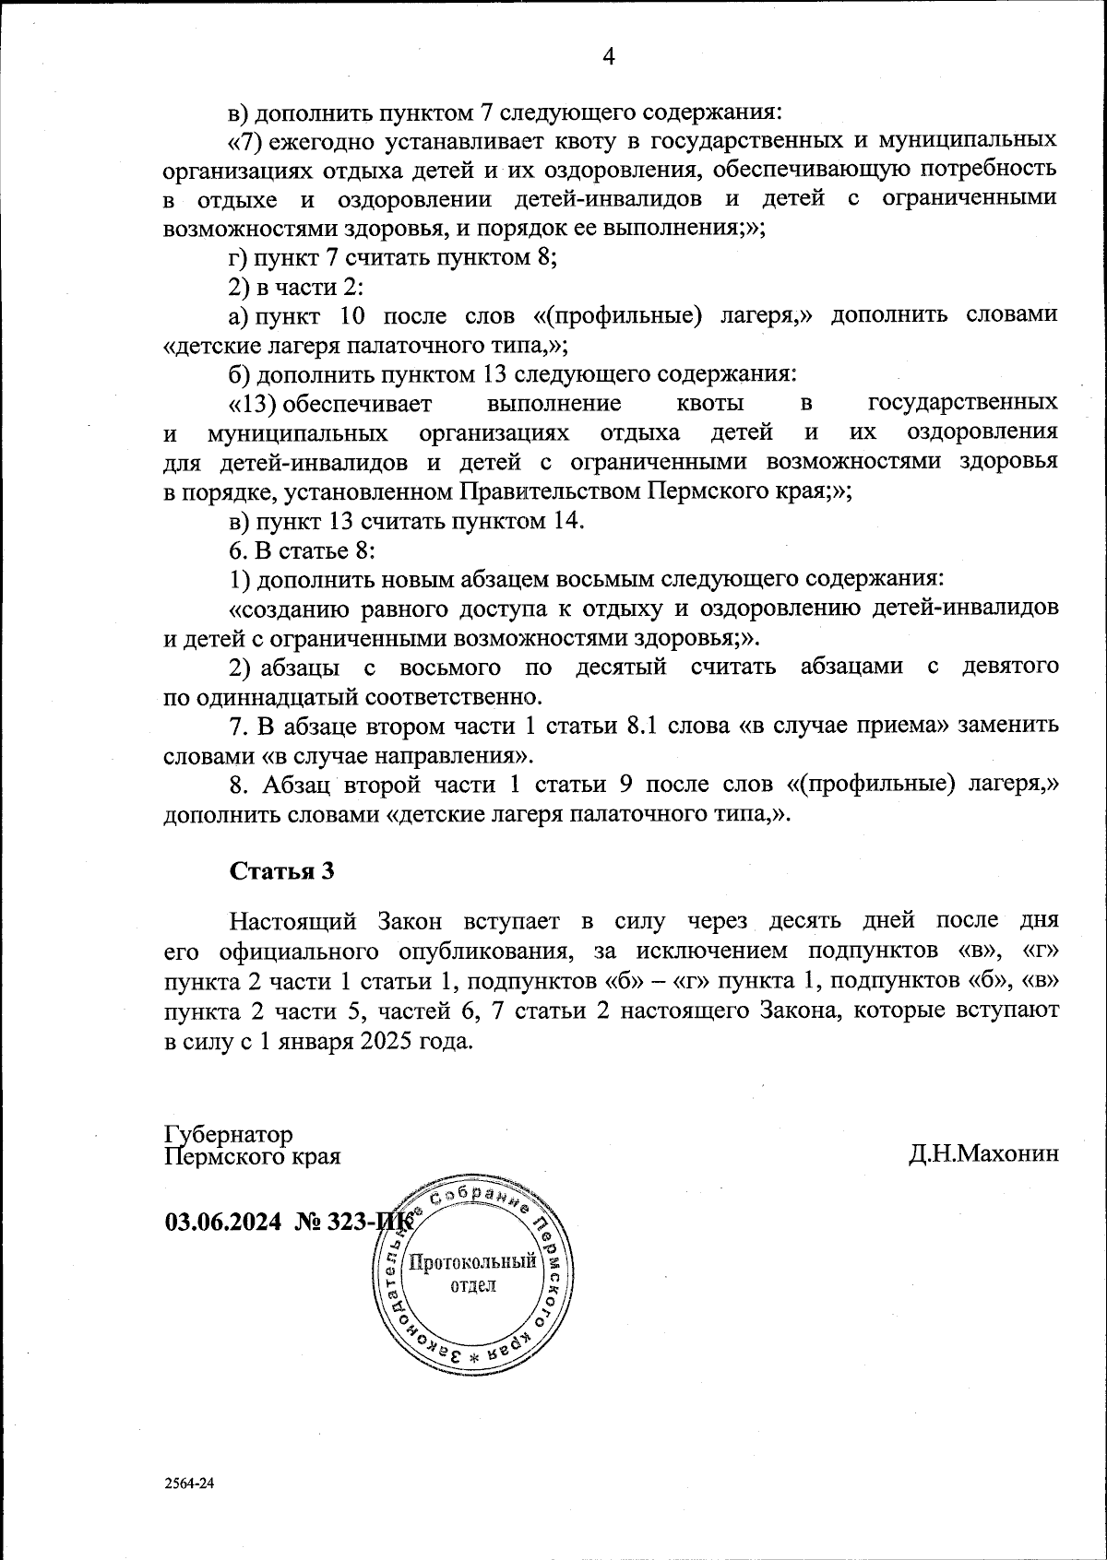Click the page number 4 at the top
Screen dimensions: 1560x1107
(609, 56)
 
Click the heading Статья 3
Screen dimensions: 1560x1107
(281, 871)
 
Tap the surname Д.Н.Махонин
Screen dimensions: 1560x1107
(982, 1153)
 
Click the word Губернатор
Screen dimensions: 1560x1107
(228, 1133)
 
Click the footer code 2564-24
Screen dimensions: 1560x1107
(189, 1484)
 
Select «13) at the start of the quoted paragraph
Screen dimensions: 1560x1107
(253, 403)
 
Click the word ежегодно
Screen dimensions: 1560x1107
(320, 140)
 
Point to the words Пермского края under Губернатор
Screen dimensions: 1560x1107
(252, 1155)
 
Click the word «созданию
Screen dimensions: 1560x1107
(287, 609)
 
